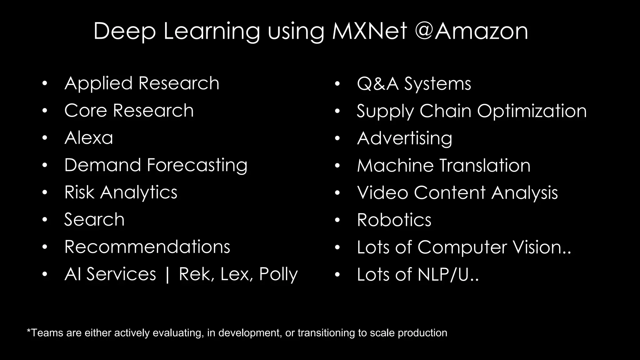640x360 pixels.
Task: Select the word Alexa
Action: (x=88, y=138)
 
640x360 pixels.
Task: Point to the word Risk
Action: (x=79, y=192)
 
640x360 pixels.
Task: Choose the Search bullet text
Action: (x=94, y=219)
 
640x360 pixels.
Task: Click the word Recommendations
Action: (x=147, y=247)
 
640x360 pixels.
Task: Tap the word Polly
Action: (x=278, y=274)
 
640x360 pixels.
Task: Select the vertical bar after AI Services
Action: (x=167, y=274)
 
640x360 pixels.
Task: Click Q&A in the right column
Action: (x=378, y=84)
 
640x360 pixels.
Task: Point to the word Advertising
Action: (x=404, y=138)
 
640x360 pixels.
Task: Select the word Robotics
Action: (x=394, y=220)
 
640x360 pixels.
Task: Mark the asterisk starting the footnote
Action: (x=29, y=331)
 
